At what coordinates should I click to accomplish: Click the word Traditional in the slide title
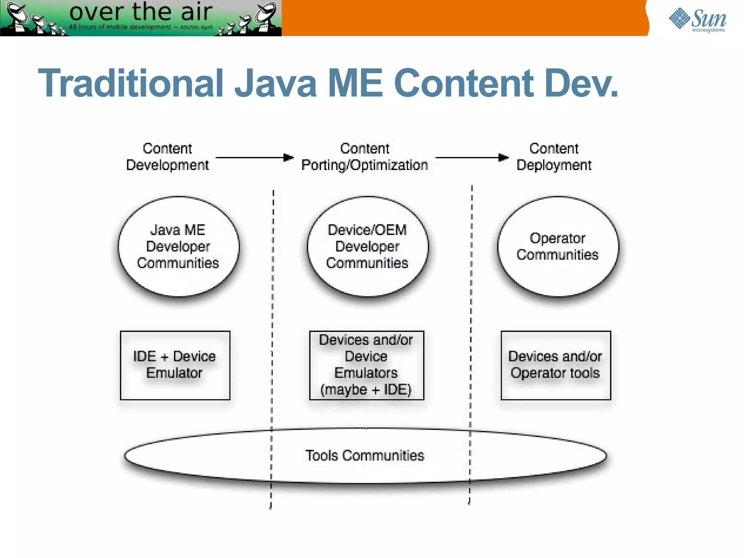click(x=131, y=84)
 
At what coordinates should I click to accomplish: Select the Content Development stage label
click(x=167, y=157)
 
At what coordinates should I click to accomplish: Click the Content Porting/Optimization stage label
click(x=365, y=157)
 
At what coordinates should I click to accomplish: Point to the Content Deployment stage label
click(x=554, y=157)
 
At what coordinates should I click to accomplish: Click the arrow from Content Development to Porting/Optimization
click(x=254, y=158)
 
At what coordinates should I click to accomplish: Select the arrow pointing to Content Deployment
click(x=472, y=158)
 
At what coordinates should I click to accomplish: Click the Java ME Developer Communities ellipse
click(x=178, y=247)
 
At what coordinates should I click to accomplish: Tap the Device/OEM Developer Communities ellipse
click(x=367, y=247)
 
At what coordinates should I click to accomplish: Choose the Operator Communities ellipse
click(x=558, y=247)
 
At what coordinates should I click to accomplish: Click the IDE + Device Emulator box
click(x=175, y=365)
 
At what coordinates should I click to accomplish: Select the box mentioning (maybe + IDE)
click(x=367, y=365)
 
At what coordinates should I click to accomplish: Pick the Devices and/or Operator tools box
click(x=555, y=365)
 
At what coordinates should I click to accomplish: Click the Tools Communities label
click(x=365, y=456)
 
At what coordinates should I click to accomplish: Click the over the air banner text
click(x=141, y=12)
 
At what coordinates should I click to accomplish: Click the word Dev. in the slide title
click(x=581, y=84)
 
